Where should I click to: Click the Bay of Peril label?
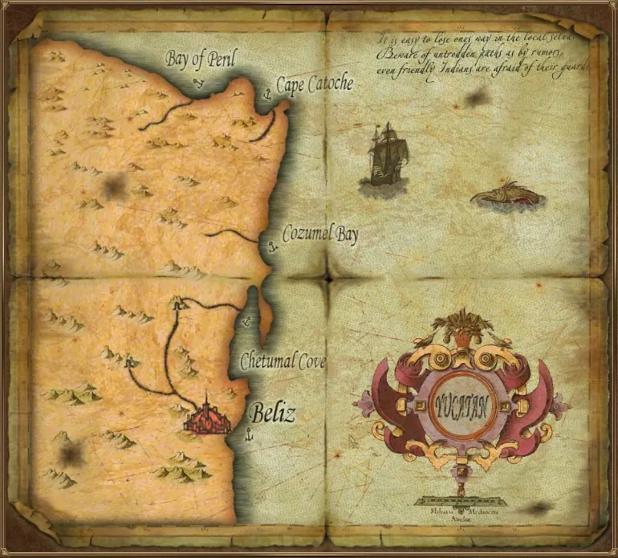(x=202, y=59)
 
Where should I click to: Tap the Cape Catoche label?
(x=315, y=84)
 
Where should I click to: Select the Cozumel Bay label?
(x=320, y=235)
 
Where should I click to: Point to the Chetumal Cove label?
(x=283, y=362)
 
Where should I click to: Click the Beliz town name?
(x=273, y=414)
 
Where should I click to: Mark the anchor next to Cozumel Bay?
(x=272, y=244)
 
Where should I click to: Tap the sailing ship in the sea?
(x=384, y=154)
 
